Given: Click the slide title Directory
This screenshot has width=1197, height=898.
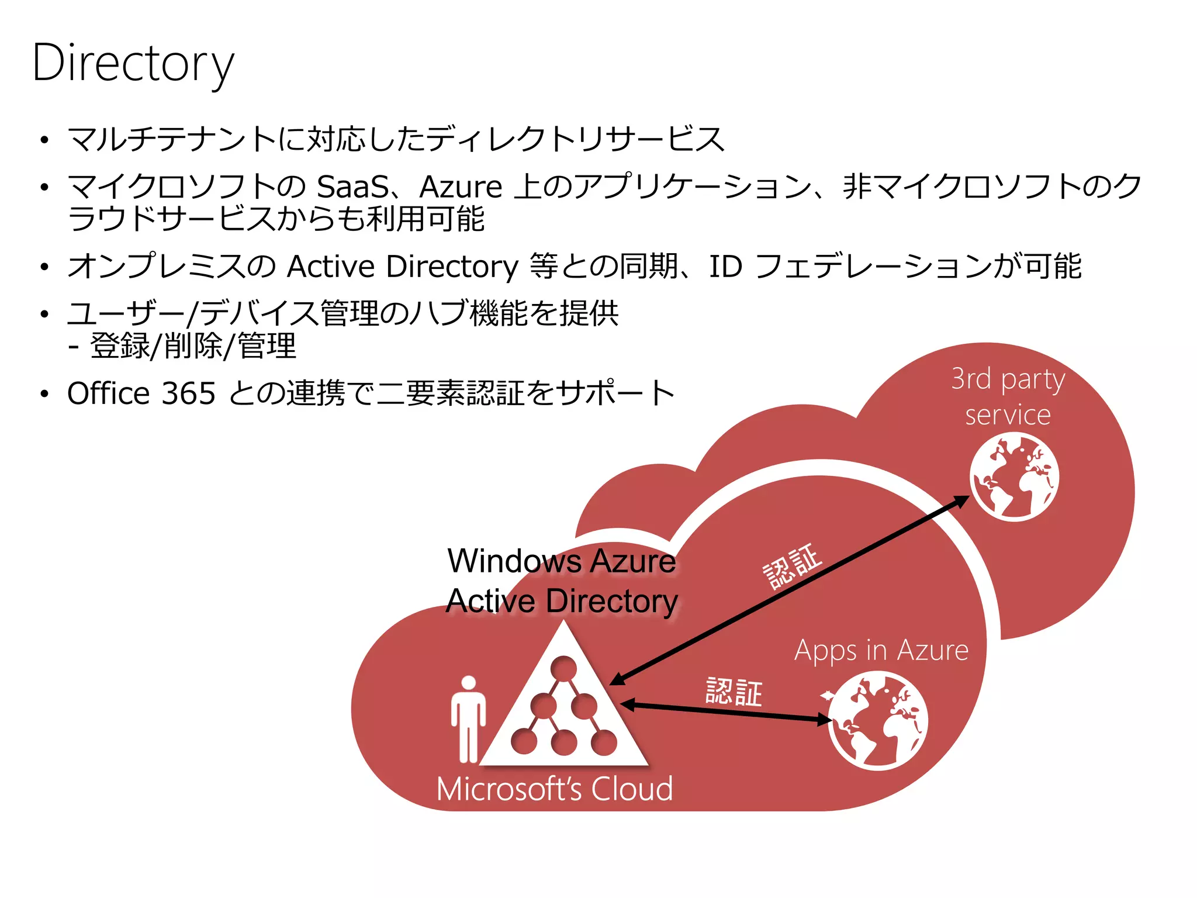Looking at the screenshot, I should pos(133,63).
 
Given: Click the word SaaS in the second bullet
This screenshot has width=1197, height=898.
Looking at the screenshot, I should pos(352,187).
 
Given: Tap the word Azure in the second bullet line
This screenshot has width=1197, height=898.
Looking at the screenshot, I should pos(461,187).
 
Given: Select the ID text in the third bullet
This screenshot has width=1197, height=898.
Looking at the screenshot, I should pos(725,267).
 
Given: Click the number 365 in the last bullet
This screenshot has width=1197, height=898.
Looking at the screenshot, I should pos(188,393).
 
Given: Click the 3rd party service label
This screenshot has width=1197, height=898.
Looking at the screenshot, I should pos(1008,396).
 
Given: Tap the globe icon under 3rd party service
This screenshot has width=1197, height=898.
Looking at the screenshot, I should pos(1014,476).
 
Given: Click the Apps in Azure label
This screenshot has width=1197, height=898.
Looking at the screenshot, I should pos(881,651).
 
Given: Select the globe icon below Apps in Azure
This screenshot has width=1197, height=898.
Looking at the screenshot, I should pos(878,720).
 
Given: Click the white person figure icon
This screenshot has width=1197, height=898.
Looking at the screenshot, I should pos(468,719).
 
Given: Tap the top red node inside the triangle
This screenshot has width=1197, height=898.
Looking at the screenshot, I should pos(563,668).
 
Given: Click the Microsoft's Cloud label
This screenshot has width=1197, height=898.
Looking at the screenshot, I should pos(555,789).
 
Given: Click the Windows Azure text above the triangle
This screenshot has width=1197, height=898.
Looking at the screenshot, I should pos(562,561).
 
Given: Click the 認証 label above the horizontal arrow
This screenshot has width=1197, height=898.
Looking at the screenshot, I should pos(734,692).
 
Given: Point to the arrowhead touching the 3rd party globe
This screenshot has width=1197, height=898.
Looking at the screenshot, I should pos(961,500).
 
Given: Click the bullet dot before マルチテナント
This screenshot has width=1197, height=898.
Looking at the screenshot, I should pos(44,140).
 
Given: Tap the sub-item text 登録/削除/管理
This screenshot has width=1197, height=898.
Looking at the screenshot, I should pos(193,346).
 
